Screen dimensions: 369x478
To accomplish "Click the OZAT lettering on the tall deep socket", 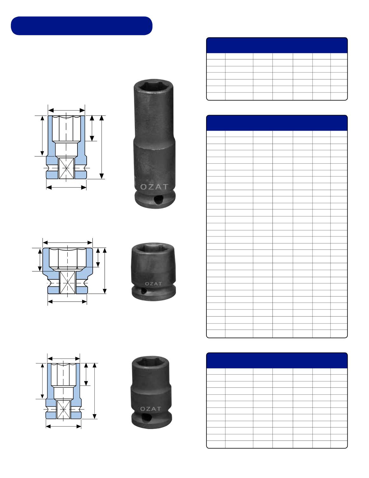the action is click(154, 187).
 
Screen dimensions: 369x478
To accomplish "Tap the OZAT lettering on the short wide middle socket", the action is click(153, 284).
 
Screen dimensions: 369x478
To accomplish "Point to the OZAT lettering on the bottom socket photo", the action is click(151, 409).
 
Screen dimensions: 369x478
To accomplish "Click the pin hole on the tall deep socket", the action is click(158, 200).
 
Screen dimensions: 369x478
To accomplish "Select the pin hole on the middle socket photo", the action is click(143, 291).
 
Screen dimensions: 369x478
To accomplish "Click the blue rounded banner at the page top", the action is click(82, 26).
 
